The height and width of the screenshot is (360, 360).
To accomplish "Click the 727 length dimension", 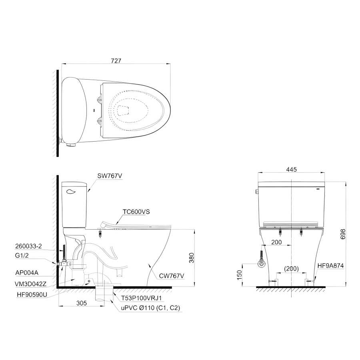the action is coord(116,61).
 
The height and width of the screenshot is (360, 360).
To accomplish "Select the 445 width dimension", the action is coord(291,170).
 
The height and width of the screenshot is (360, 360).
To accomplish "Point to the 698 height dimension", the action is coord(343,234).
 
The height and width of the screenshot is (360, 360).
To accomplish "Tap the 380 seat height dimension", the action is coord(191,258).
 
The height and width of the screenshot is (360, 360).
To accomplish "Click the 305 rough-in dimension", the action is coord(82,303).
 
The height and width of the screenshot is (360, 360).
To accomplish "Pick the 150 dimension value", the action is coord(240,275).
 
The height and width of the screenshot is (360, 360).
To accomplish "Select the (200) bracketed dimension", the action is coord(291,269).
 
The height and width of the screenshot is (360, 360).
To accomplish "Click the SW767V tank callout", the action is coord(110,176).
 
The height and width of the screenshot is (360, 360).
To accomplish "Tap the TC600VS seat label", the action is coord(136,212).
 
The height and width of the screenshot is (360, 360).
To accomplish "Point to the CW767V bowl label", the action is coord(172,276).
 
